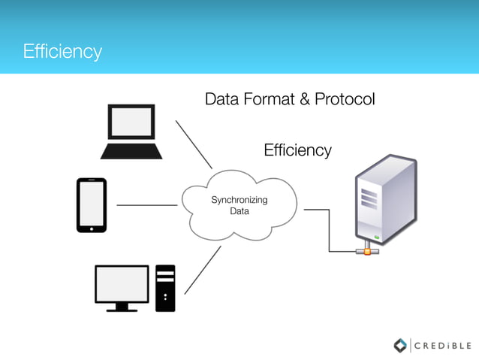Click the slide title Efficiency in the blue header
click(x=62, y=52)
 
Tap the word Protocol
click(x=344, y=99)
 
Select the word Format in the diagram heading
click(x=267, y=99)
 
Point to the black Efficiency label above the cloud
click(x=297, y=150)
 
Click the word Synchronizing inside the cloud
click(x=239, y=200)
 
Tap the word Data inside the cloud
click(x=239, y=211)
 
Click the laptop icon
click(x=131, y=132)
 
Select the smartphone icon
click(x=91, y=204)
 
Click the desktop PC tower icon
click(x=165, y=288)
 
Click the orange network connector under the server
click(x=367, y=250)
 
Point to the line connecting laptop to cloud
click(x=194, y=144)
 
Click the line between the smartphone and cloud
click(x=146, y=204)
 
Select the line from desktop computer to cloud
click(x=202, y=270)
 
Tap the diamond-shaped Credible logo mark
click(x=400, y=345)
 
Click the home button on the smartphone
click(x=91, y=227)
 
